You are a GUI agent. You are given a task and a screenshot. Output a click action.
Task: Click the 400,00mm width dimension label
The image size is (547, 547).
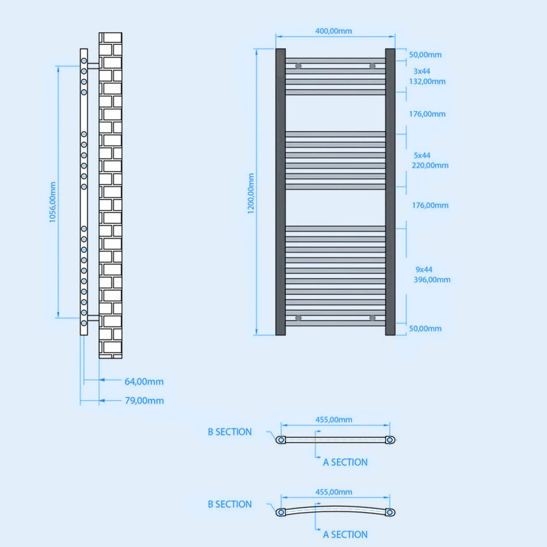[x=333, y=31]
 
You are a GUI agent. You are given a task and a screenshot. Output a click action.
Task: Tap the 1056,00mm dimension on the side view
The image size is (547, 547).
[x=52, y=202]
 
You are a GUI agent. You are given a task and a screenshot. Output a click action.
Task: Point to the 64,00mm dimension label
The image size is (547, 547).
[x=144, y=382]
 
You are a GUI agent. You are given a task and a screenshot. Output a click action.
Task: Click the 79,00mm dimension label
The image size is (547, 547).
[x=144, y=401]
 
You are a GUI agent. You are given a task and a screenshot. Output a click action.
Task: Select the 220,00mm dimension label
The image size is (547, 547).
[x=430, y=165]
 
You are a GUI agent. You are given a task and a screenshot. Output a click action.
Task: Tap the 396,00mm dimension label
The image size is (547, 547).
[x=432, y=279]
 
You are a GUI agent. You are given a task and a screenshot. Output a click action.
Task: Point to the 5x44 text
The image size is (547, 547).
[x=422, y=155]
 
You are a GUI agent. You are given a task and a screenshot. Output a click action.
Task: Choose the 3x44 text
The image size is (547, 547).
[x=422, y=71]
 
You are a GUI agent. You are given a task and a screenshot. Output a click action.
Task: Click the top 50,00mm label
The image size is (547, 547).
[x=425, y=54]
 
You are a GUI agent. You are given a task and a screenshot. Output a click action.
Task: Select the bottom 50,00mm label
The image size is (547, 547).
[x=425, y=329]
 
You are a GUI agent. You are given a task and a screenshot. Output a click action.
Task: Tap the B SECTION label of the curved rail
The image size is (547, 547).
[x=230, y=504]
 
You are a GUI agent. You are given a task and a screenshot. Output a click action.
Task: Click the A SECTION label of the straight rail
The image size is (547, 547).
[x=345, y=462]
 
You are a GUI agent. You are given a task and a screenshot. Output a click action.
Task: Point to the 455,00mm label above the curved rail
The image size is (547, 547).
[x=333, y=492]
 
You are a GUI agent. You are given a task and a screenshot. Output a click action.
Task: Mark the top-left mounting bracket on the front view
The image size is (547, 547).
[x=298, y=66]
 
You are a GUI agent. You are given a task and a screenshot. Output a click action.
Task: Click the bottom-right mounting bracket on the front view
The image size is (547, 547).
[x=372, y=318]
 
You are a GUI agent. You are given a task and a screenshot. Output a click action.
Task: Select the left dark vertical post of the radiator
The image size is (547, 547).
[x=280, y=192]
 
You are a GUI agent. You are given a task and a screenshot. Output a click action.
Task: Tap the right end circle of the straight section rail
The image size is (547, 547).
[x=390, y=440]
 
